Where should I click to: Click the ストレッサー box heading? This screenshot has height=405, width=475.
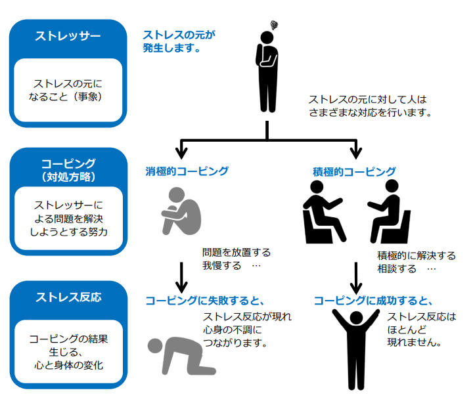pos(68,36)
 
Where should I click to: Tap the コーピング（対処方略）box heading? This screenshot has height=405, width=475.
pos(68,169)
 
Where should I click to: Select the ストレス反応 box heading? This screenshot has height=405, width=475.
pos(68,297)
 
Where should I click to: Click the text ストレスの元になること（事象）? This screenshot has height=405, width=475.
pos(68,90)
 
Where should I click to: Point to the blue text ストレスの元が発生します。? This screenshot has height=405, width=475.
pos(179,41)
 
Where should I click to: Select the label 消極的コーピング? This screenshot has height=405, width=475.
pos(187,171)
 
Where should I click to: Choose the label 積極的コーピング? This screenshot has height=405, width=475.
pos(355,172)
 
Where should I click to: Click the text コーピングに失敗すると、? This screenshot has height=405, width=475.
pos(204,301)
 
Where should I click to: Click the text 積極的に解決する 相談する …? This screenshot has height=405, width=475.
pos(416,262)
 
